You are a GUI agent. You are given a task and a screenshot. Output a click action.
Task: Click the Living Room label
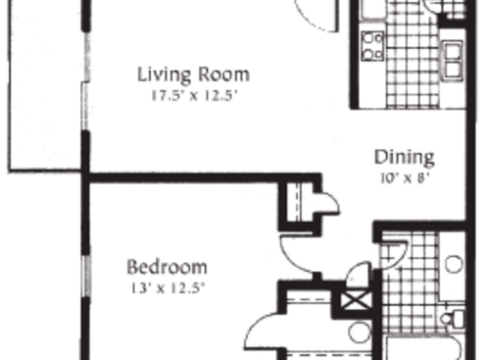(x=193, y=74)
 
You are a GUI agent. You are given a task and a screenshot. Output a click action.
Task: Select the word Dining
(x=404, y=157)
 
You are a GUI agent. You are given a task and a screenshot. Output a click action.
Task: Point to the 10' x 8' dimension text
(x=405, y=178)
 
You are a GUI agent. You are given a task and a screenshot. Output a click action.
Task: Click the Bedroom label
(x=168, y=266)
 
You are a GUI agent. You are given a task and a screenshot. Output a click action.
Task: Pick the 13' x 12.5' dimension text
(x=168, y=287)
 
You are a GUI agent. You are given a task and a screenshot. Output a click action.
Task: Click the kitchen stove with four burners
(x=371, y=45)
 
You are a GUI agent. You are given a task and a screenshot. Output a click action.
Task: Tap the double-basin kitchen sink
(x=453, y=60)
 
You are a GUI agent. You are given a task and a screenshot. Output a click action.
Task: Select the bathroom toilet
(x=454, y=317)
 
